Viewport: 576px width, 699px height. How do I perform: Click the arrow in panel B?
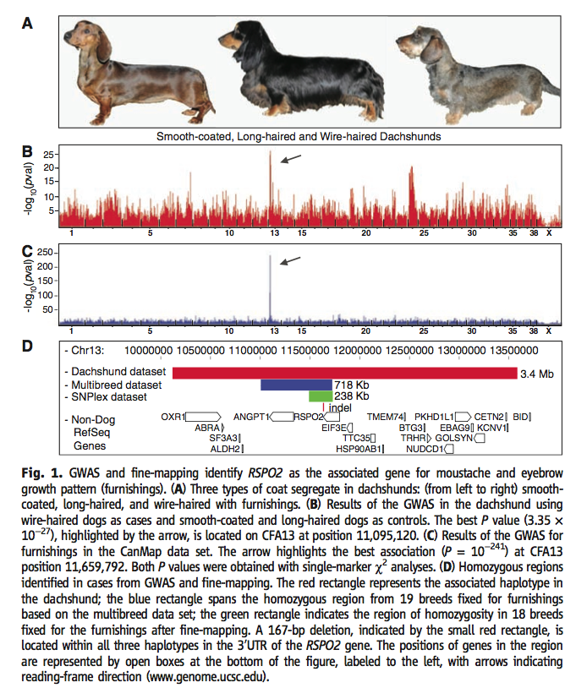(x=290, y=159)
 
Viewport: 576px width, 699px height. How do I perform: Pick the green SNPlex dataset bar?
(x=321, y=396)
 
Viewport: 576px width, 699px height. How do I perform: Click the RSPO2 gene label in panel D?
(x=309, y=417)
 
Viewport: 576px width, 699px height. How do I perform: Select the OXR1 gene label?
(x=173, y=417)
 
